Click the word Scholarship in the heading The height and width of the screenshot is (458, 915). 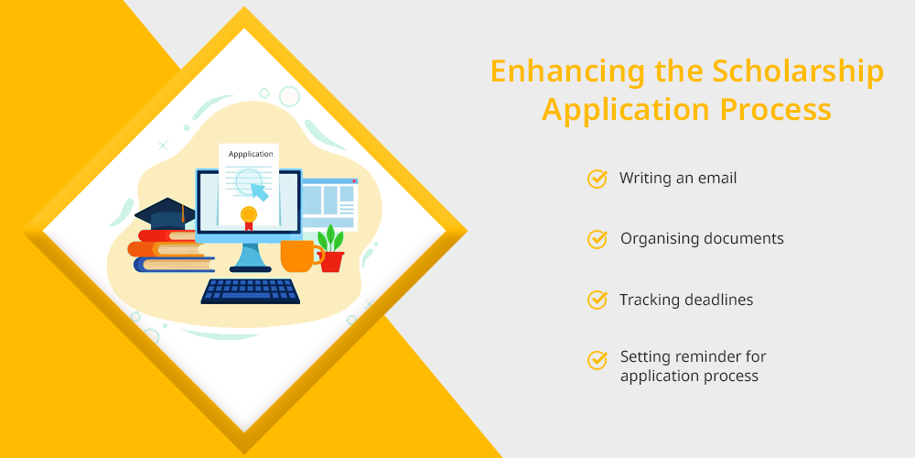pyautogui.click(x=798, y=71)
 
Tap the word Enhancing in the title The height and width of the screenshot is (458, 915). pyautogui.click(x=567, y=71)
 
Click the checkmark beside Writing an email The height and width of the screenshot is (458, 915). pyautogui.click(x=597, y=179)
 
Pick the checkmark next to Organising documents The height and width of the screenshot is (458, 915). pyautogui.click(x=597, y=239)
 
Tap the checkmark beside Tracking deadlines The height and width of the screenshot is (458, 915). pyautogui.click(x=597, y=300)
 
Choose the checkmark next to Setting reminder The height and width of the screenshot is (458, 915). pyautogui.click(x=597, y=360)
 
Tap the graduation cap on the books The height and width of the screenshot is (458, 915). pyautogui.click(x=165, y=215)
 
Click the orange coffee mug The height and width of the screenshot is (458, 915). pyautogui.click(x=300, y=256)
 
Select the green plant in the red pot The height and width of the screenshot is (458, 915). pyautogui.click(x=331, y=248)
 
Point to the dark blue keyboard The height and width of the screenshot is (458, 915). pyautogui.click(x=251, y=291)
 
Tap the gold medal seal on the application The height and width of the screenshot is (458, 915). pyautogui.click(x=249, y=218)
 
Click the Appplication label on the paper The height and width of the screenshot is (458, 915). pyautogui.click(x=251, y=154)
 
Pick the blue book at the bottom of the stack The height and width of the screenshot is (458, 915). pyautogui.click(x=174, y=265)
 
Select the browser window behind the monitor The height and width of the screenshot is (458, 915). pyautogui.click(x=329, y=203)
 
